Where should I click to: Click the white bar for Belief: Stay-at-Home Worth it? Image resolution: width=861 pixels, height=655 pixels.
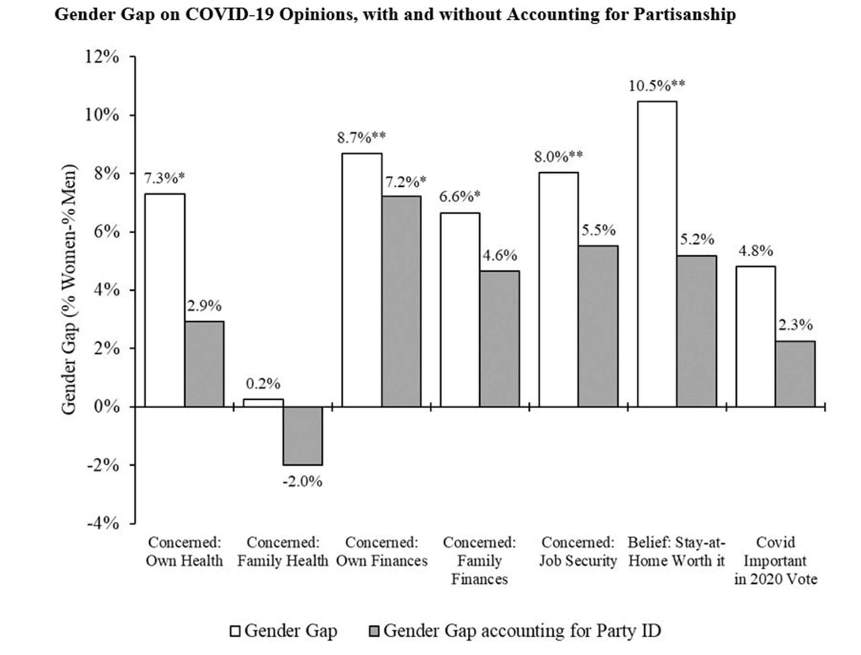(x=657, y=254)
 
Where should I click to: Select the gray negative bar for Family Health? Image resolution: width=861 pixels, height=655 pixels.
(x=303, y=436)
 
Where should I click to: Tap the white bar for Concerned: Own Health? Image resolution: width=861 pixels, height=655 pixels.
(x=165, y=300)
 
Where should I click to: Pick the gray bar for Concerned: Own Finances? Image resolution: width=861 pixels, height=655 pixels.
(x=401, y=301)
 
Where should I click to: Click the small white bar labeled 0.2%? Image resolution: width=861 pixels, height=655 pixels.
(x=263, y=403)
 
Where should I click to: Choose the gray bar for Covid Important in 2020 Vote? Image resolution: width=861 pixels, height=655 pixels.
(x=795, y=374)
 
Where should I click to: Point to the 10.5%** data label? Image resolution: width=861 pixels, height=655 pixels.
(x=657, y=85)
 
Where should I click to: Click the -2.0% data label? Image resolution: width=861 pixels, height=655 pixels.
(x=303, y=481)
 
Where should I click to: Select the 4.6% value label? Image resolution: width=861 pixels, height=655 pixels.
(x=500, y=255)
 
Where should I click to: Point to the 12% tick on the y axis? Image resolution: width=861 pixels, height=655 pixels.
(x=103, y=57)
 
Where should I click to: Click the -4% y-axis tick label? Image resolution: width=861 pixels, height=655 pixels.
(x=103, y=523)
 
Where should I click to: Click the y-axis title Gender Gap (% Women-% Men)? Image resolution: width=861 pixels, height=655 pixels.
(x=70, y=290)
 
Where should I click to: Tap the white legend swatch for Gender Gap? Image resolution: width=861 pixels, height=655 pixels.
(x=235, y=631)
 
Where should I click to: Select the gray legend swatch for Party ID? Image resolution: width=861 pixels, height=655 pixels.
(x=374, y=631)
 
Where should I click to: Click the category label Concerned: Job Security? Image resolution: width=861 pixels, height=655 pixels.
(x=578, y=551)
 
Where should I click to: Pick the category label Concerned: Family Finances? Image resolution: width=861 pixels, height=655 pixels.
(x=479, y=560)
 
